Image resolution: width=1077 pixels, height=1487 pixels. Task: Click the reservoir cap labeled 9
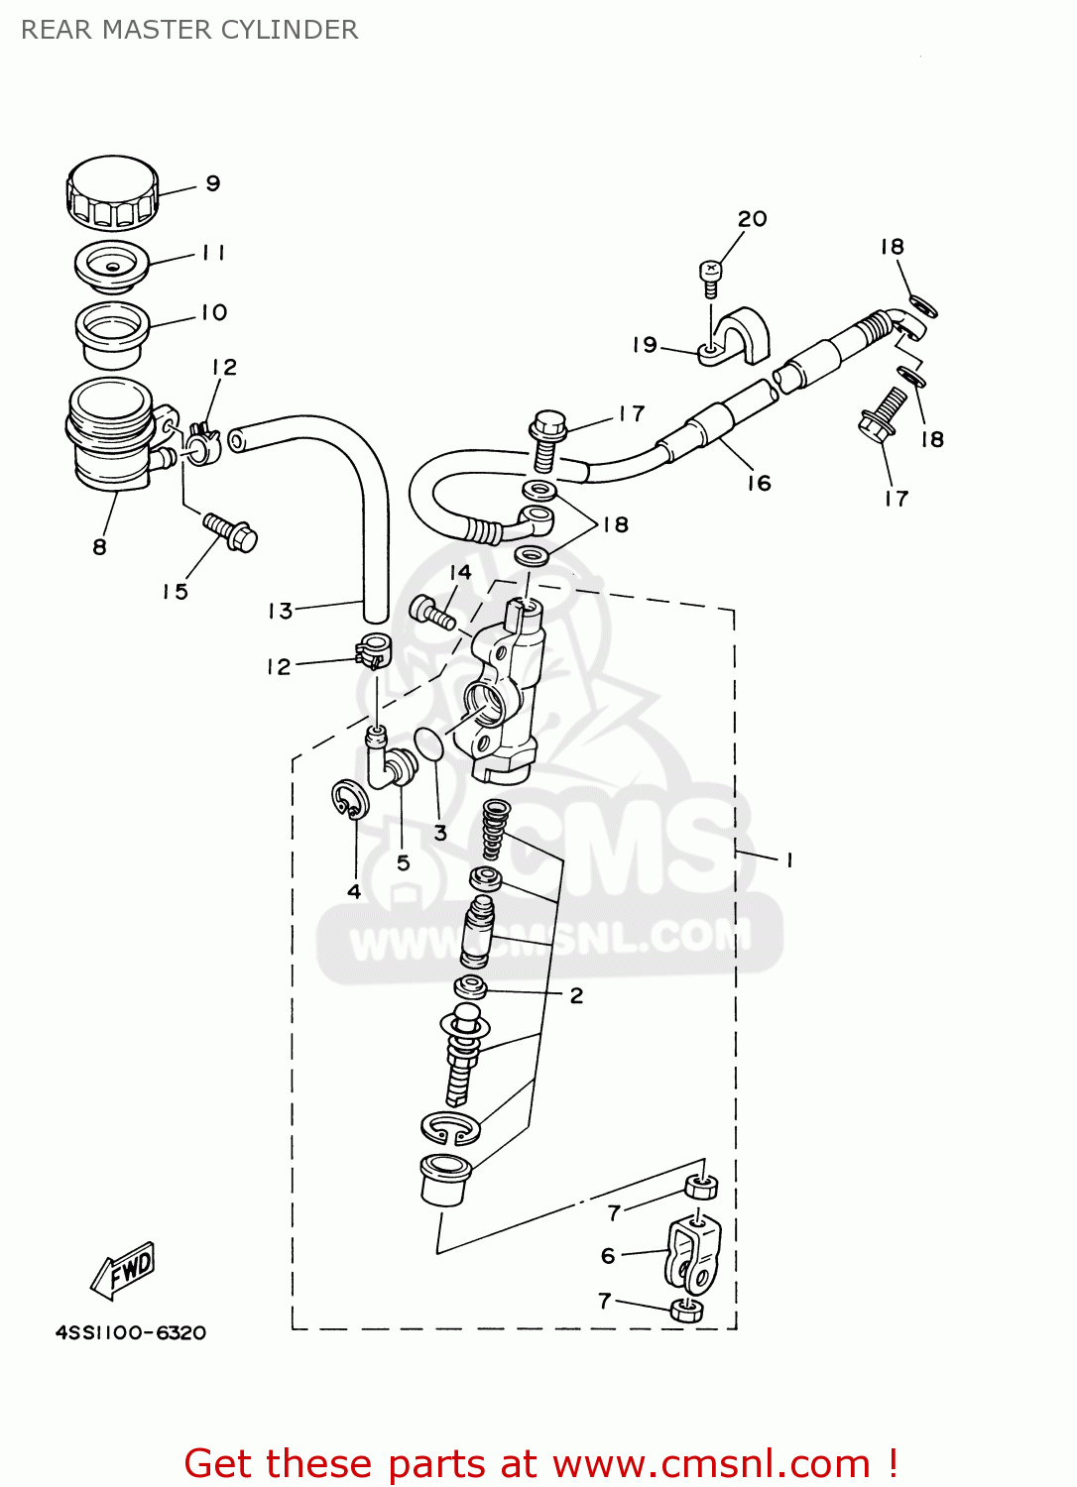point(112,190)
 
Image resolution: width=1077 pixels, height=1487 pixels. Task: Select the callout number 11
point(213,253)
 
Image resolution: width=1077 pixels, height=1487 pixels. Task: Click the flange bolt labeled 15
point(230,531)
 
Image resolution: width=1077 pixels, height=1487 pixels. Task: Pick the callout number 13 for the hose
point(280,611)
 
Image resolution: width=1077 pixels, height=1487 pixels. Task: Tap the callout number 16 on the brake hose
point(759,483)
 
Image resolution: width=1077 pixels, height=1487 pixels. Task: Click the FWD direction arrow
point(125,1270)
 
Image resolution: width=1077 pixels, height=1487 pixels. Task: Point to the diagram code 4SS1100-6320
point(131,1332)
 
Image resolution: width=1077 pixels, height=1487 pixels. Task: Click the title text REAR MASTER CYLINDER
point(189,30)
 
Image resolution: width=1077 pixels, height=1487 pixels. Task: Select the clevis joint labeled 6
point(692,1254)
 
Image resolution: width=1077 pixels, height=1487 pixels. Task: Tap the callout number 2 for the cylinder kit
point(576,995)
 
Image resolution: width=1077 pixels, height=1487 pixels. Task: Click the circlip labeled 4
point(348,799)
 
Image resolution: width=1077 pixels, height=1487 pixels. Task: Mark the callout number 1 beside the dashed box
point(788,860)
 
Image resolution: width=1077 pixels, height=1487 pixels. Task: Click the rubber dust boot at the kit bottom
point(445,1179)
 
